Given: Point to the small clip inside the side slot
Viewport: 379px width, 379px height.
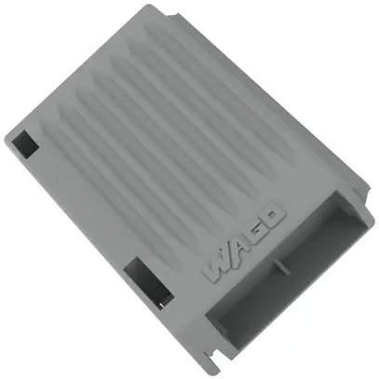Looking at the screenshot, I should [x=157, y=299].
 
